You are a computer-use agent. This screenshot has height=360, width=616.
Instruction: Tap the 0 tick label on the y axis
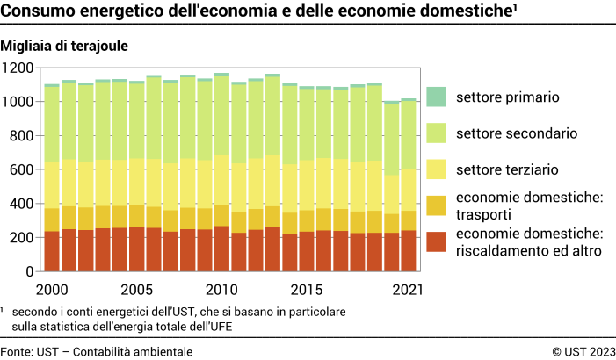point(29,272)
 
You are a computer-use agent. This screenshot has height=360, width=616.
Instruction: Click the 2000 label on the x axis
point(51,290)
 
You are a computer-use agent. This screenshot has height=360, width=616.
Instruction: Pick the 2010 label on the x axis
point(221,290)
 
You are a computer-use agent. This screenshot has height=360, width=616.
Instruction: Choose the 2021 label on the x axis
point(408,290)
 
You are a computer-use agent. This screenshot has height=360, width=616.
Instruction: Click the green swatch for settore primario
point(437,97)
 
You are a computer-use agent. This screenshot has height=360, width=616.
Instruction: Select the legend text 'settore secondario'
point(517,133)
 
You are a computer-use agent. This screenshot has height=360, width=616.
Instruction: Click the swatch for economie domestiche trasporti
point(437,205)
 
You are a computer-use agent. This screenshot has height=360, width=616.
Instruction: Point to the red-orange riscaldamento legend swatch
point(437,242)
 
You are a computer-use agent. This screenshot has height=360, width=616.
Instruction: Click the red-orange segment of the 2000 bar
point(52,251)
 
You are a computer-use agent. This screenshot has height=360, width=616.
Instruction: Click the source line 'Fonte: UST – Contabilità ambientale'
point(97,351)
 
